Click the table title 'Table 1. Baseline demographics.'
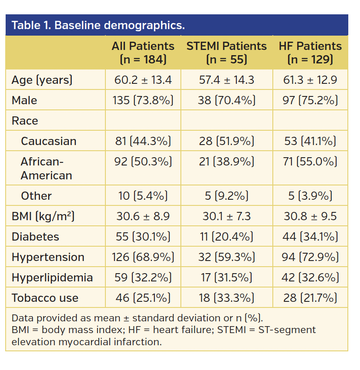[x=98, y=25]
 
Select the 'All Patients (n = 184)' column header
[x=143, y=53]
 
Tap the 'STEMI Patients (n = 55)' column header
[x=226, y=53]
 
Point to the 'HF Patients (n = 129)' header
[x=310, y=53]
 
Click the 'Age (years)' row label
[x=42, y=80]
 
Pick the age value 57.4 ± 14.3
[x=226, y=80]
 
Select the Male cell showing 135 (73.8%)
[x=143, y=100]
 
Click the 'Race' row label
[x=25, y=121]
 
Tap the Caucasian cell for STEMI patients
[x=226, y=141]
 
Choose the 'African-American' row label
[x=46, y=168]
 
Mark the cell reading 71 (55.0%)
[x=310, y=162]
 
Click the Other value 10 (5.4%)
[x=143, y=196]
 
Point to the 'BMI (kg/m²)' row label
[x=43, y=216]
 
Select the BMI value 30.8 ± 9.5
[x=310, y=216]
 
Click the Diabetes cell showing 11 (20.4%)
[x=226, y=237]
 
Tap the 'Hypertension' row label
[x=48, y=257]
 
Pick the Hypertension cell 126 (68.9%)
[x=143, y=257]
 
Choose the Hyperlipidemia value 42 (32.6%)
[x=310, y=277]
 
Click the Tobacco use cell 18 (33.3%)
[x=226, y=298]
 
